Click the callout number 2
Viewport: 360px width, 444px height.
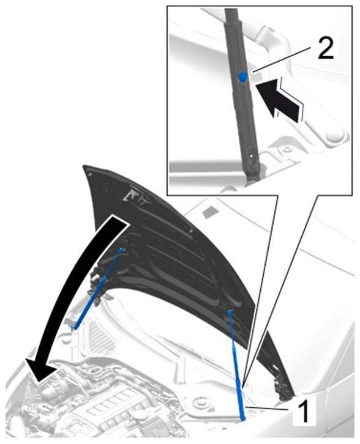(x=326, y=48)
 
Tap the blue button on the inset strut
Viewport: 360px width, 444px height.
(x=242, y=77)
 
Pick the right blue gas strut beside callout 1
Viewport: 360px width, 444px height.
(x=237, y=365)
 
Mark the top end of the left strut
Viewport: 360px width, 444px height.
(x=122, y=249)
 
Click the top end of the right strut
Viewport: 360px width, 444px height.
(x=229, y=311)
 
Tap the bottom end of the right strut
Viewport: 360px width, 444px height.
(x=243, y=418)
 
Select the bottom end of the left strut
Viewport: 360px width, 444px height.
(x=73, y=328)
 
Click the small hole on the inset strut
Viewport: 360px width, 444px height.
(x=251, y=155)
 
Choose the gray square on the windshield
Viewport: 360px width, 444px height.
(x=209, y=212)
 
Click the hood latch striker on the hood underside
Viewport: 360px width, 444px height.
(x=133, y=195)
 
